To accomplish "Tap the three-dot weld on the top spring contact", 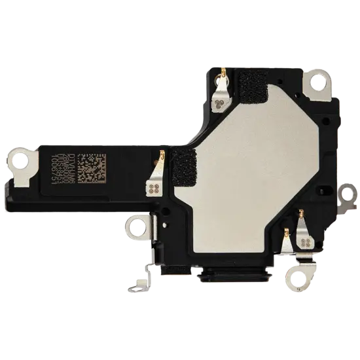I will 219,101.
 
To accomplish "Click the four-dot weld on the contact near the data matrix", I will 154,189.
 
